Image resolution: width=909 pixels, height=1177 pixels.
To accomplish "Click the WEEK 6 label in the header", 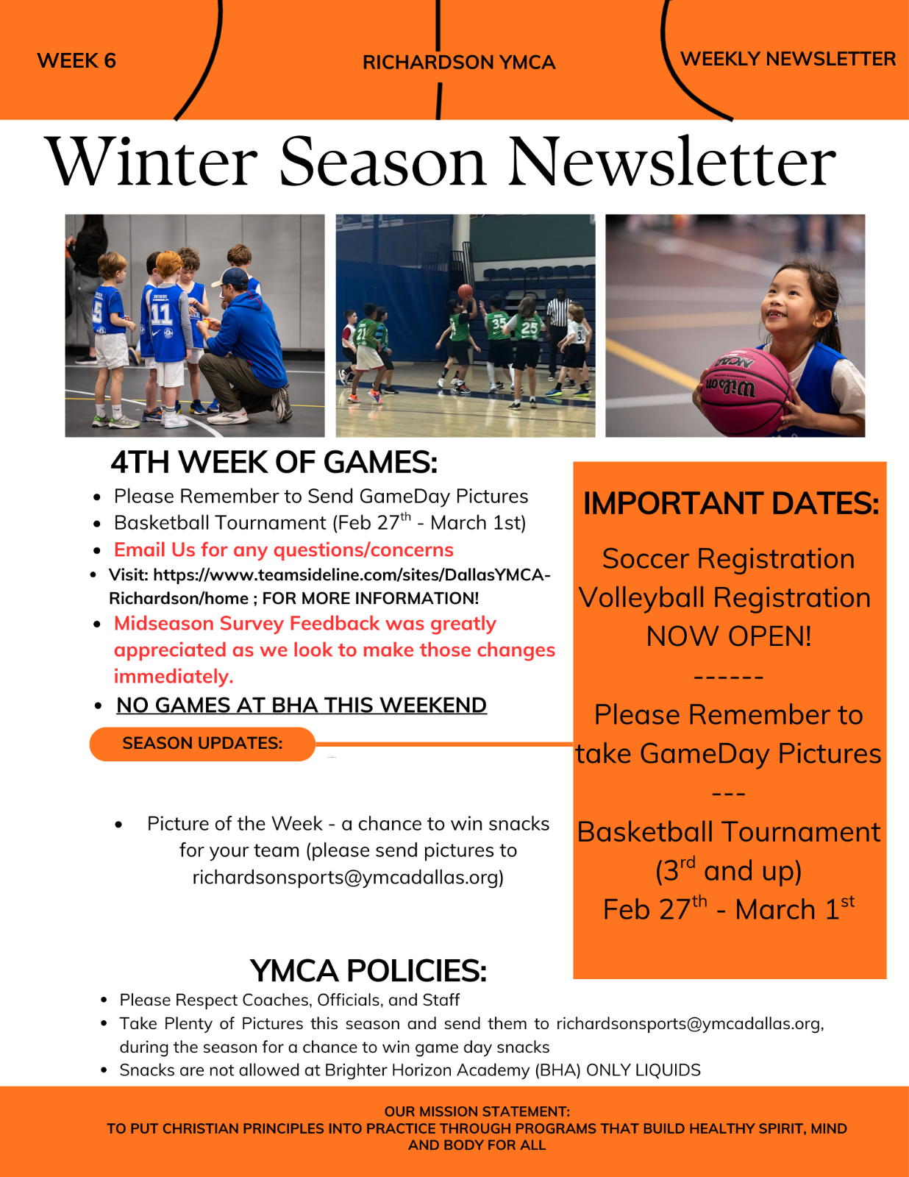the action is [76, 60].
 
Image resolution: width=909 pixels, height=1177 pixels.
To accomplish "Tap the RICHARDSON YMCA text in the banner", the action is [459, 63].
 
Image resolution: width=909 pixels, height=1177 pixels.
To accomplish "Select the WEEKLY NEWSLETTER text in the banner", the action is [788, 59].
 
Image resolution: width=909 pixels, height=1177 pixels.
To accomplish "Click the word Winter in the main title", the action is [151, 162].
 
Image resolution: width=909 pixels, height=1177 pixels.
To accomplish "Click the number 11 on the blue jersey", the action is [161, 314].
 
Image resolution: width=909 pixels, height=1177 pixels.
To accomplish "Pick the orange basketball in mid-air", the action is [465, 291].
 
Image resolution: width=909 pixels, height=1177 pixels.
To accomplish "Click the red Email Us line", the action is [283, 550].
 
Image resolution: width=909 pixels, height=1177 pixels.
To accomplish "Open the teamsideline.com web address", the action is [329, 586].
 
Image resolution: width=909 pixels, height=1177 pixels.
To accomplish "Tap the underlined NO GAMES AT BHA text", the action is [302, 705].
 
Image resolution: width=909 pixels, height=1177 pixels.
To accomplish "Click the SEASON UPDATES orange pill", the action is [202, 744].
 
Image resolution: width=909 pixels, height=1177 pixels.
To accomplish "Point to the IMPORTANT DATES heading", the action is [731, 503].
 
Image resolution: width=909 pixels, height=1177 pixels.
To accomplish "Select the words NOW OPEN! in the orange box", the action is [729, 636].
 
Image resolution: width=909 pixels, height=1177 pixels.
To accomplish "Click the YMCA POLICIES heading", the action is [368, 970].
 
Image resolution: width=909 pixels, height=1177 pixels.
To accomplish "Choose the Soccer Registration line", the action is [728, 558].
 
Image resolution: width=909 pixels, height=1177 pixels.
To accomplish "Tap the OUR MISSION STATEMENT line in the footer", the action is [477, 1112].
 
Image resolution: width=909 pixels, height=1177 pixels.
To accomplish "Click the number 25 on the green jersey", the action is [530, 327].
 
